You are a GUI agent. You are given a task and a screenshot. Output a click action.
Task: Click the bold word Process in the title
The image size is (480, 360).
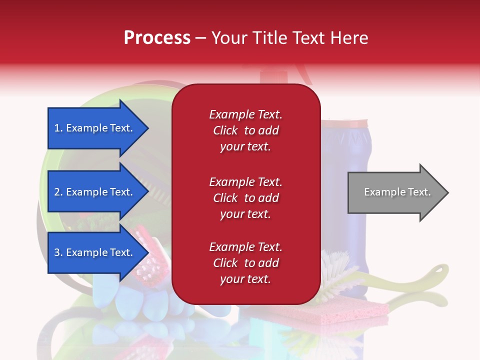[x=157, y=37]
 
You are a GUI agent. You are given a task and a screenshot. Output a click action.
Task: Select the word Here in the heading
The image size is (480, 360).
[x=349, y=37]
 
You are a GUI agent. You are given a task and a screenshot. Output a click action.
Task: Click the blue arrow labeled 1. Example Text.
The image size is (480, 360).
[x=98, y=128]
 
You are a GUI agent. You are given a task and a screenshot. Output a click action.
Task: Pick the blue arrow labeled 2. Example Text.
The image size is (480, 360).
[x=98, y=192]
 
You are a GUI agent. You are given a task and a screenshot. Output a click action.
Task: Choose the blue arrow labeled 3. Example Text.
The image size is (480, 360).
[x=98, y=252]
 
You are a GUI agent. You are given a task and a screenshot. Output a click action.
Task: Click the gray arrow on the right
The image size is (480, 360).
[x=398, y=192]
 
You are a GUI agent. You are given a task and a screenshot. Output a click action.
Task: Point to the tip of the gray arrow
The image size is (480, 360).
[x=448, y=192]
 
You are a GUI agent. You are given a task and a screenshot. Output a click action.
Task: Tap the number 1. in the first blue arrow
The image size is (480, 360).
[x=58, y=128]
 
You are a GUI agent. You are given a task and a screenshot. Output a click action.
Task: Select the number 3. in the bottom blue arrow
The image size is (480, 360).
[x=58, y=252]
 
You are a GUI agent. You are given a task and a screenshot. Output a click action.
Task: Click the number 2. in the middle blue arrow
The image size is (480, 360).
[x=58, y=192]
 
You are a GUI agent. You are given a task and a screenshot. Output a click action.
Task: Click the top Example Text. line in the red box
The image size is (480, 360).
[x=246, y=114]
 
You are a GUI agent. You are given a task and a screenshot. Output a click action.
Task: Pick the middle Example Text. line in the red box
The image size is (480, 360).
[x=246, y=182]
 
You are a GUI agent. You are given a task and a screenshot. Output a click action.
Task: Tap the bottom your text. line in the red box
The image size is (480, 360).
[x=245, y=279]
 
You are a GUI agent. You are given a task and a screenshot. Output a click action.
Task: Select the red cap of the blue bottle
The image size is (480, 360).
[x=344, y=123]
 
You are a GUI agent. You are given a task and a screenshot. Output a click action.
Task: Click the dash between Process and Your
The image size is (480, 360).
[x=200, y=38]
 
